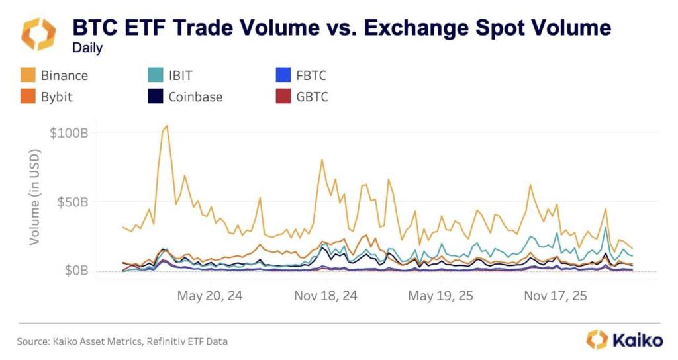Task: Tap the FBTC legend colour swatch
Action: coord(284,75)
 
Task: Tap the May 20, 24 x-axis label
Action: coord(209,296)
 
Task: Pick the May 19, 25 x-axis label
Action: coord(440,296)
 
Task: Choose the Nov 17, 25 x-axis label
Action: coord(555,296)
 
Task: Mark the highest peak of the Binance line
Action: coord(167,126)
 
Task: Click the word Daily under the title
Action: coord(87,48)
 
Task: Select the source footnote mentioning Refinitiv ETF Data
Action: coord(122,341)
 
